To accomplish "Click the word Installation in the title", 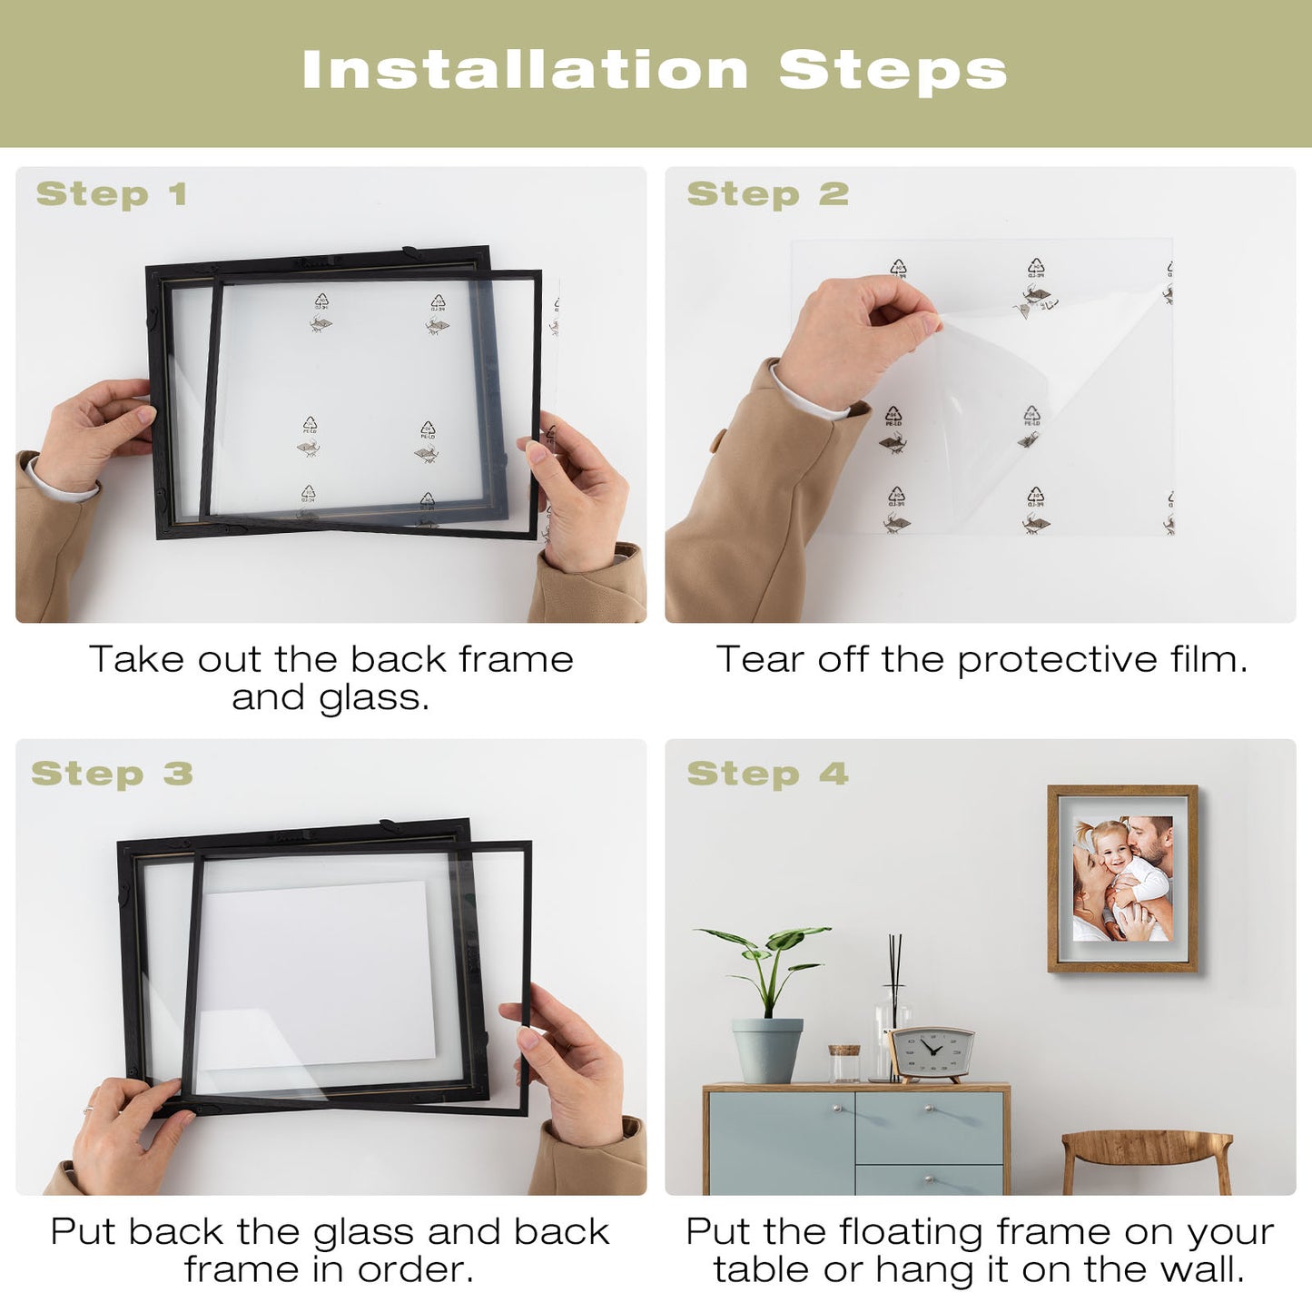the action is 525,69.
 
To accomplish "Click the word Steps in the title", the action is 893,71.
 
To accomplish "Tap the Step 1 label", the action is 111,194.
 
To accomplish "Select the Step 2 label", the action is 768,194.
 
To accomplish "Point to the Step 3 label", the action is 113,774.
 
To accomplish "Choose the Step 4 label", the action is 768,774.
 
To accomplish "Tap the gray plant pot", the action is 767,1050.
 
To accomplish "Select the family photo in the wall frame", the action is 1123,878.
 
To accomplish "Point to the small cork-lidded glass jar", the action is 844,1063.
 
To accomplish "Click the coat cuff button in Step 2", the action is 717,439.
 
